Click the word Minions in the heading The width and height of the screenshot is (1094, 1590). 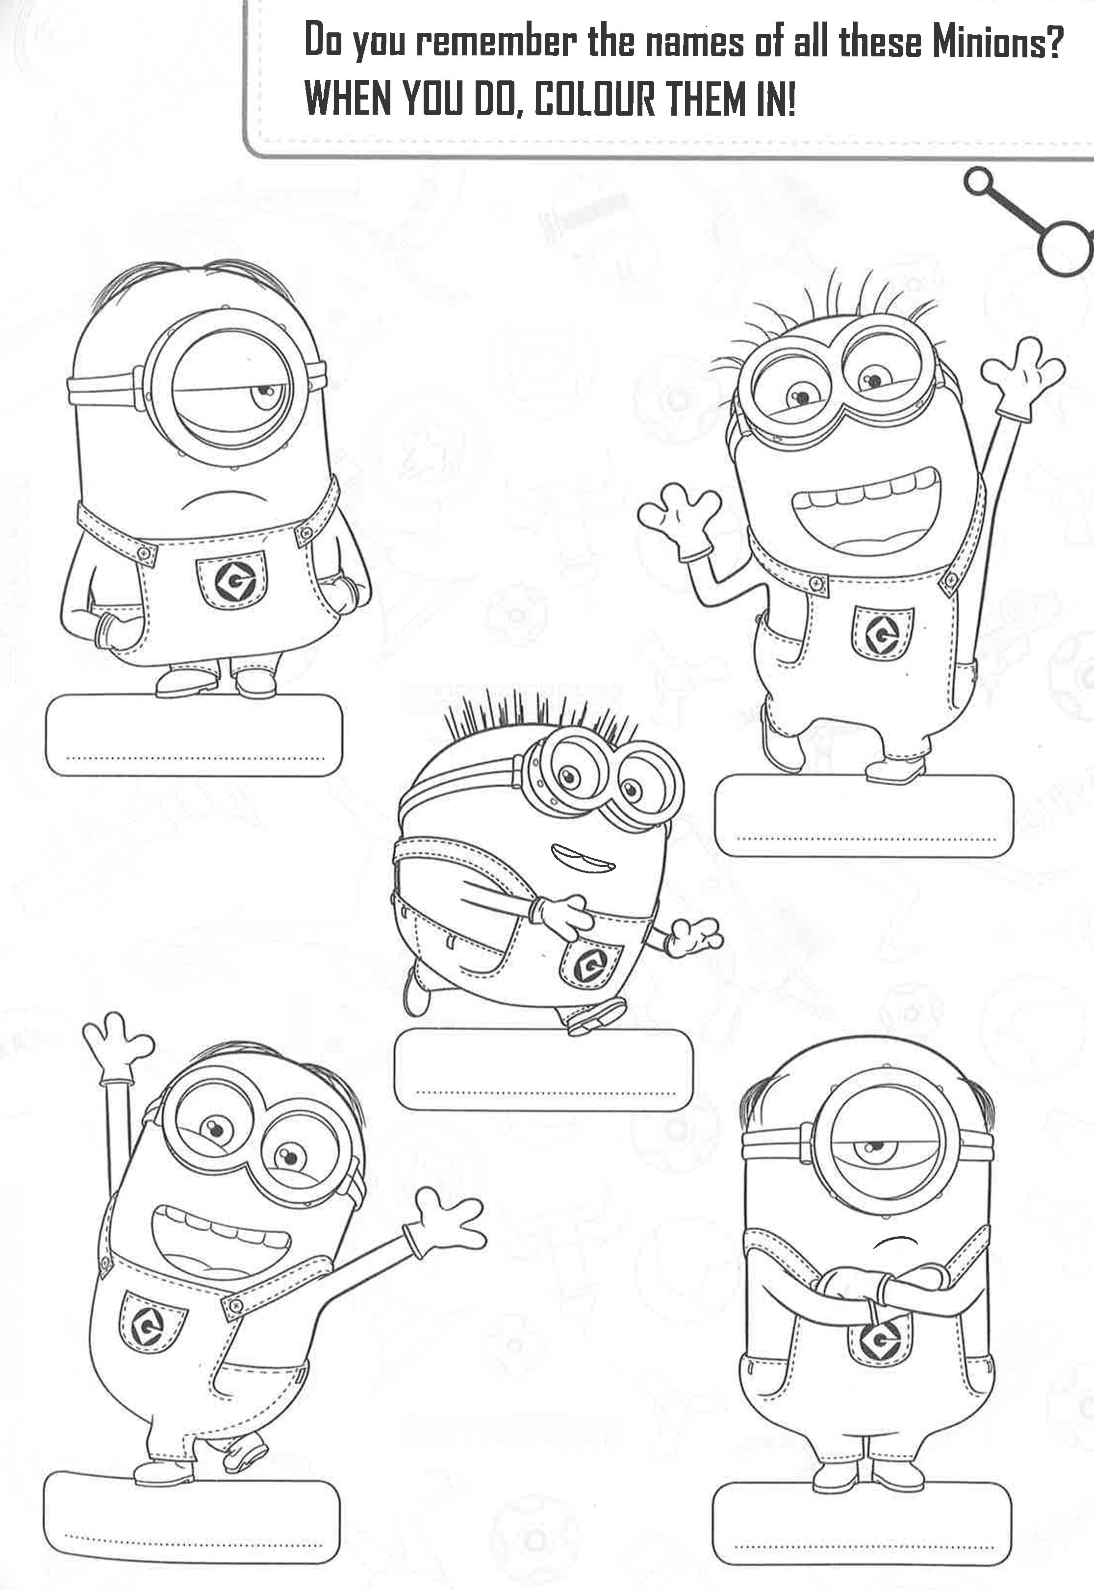coord(997,43)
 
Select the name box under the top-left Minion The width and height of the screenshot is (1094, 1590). coord(194,735)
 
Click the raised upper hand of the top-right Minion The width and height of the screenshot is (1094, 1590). coord(1022,377)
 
